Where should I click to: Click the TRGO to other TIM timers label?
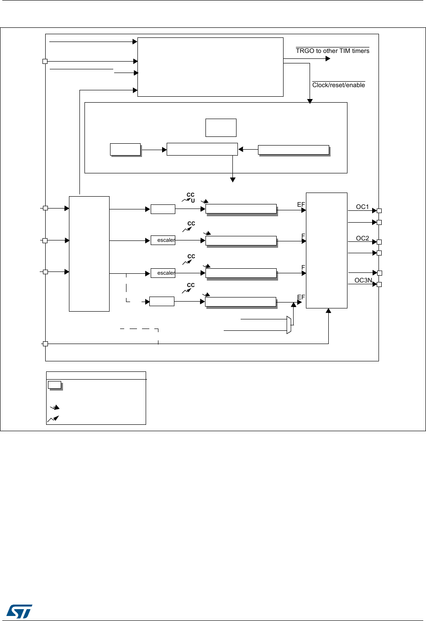point(332,51)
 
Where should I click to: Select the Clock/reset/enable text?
point(338,85)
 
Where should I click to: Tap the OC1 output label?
point(362,207)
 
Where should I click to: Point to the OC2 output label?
point(362,238)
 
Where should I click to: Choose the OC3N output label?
point(363,280)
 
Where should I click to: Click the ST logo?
point(20,611)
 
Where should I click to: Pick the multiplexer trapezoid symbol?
point(289,324)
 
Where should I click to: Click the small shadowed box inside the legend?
point(55,385)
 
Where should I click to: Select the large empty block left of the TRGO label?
point(210,67)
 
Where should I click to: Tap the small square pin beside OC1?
point(379,211)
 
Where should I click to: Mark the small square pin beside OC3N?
point(379,284)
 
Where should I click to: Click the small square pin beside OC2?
point(379,242)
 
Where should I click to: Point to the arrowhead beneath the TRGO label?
point(328,58)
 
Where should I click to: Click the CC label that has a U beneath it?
point(190,195)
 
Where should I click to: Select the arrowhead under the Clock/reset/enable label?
point(310,101)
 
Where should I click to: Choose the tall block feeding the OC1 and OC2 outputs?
point(326,250)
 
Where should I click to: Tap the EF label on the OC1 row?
point(301,204)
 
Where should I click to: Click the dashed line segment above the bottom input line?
point(139,329)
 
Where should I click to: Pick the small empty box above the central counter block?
point(221,128)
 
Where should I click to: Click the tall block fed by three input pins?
point(89,254)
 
